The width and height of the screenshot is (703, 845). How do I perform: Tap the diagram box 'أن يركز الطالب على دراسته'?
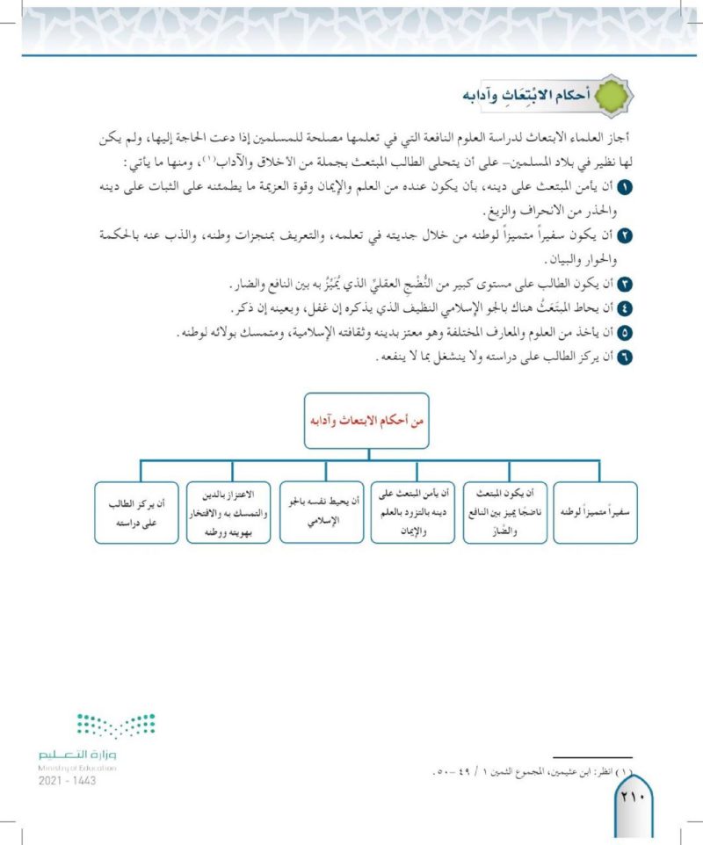click(132, 512)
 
